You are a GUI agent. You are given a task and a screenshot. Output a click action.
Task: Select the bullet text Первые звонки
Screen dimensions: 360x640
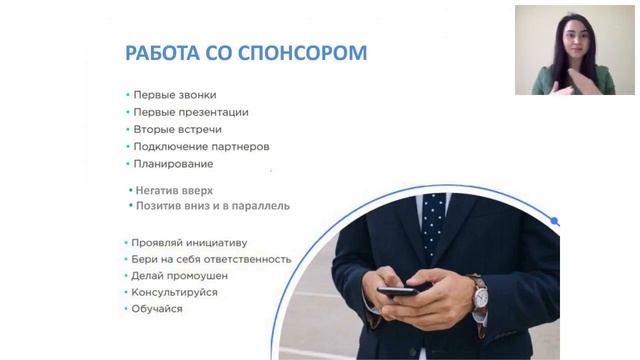174,95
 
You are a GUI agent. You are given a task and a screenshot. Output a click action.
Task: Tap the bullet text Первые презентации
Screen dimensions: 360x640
191,112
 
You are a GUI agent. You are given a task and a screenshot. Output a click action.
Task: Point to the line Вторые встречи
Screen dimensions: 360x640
177,129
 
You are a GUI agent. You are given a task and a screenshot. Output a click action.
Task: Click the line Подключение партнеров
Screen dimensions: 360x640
201,146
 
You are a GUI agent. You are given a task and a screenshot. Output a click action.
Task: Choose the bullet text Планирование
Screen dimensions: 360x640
173,163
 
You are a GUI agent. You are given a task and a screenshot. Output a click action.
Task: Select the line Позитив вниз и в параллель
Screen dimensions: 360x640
213,206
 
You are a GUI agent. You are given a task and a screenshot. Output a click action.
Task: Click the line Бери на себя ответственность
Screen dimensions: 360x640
211,259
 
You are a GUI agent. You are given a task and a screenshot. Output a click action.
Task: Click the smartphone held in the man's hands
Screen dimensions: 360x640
404,290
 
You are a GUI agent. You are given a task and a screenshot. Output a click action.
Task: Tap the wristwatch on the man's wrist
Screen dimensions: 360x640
479,292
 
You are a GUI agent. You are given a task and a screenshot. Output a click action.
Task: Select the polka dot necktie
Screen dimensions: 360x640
433,214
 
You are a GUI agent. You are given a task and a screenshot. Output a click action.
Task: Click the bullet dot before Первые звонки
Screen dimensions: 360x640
127,95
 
